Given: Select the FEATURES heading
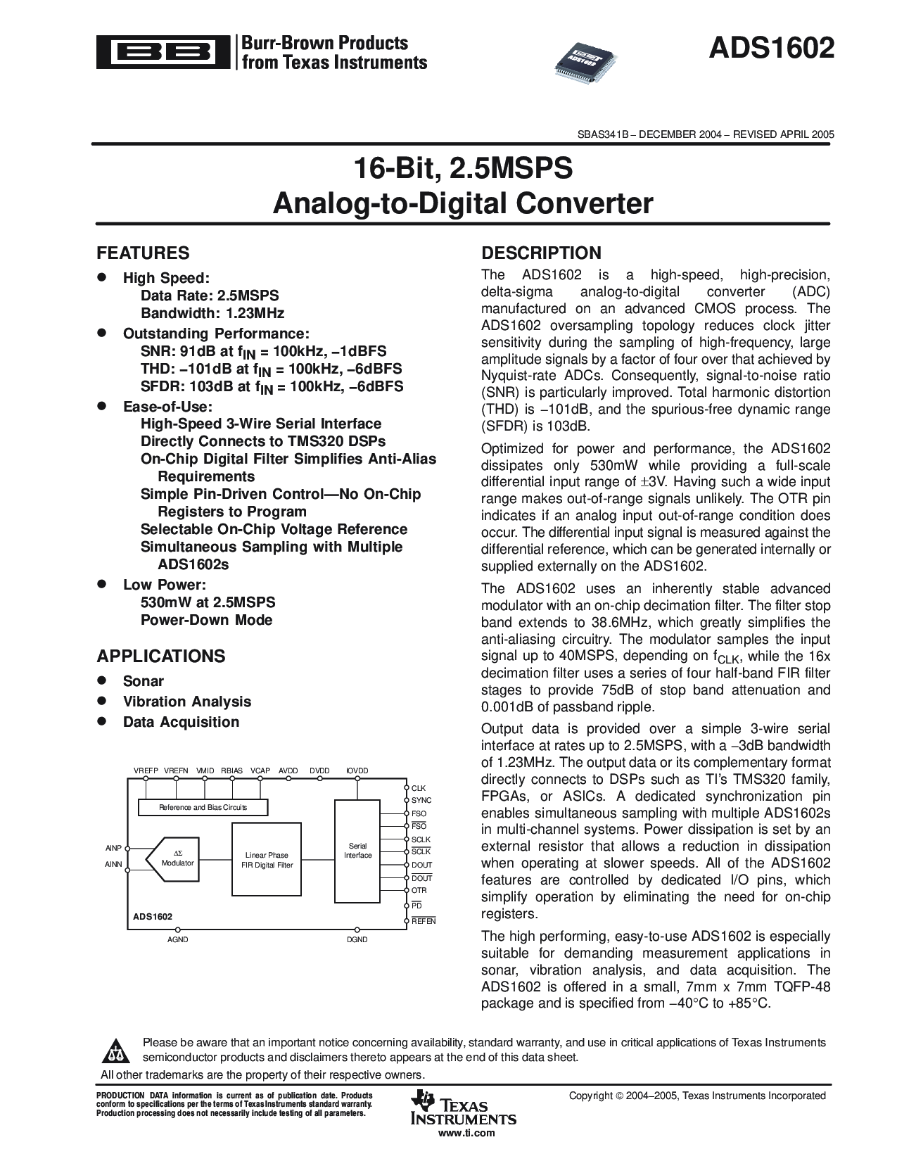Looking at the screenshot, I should click(x=143, y=253).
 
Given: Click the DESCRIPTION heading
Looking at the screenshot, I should click(x=541, y=253).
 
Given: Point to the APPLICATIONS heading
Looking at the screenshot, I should click(x=161, y=656).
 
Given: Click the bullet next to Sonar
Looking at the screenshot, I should click(x=101, y=680).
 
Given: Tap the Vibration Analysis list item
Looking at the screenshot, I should click(x=186, y=701).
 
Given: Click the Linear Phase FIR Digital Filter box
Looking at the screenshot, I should click(x=265, y=859).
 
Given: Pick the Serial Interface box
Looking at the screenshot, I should click(x=357, y=851).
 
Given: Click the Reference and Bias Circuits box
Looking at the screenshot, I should click(x=203, y=807).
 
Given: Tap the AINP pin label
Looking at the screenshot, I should click(x=113, y=849).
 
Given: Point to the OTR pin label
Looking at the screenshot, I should click(x=419, y=891).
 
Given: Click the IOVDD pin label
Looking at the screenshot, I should click(x=357, y=770).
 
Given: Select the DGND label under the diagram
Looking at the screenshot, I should click(x=357, y=939).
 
